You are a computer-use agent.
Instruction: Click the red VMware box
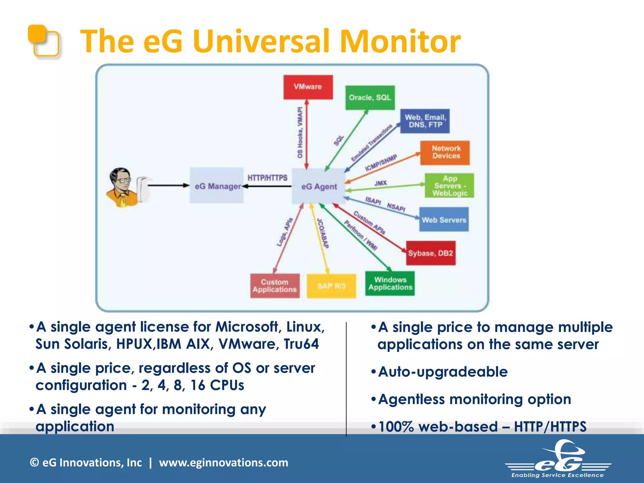pyautogui.click(x=308, y=87)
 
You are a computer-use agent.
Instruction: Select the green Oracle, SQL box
pyautogui.click(x=370, y=98)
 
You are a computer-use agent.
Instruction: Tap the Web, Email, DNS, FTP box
pyautogui.click(x=425, y=121)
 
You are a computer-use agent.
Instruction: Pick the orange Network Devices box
pyautogui.click(x=445, y=153)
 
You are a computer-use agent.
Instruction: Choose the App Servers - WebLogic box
pyautogui.click(x=449, y=186)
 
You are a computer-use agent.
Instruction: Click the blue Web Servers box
pyautogui.click(x=444, y=219)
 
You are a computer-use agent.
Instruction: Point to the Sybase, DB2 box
pyautogui.click(x=430, y=253)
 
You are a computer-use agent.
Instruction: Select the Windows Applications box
pyautogui.click(x=390, y=284)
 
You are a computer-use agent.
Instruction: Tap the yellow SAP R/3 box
pyautogui.click(x=331, y=286)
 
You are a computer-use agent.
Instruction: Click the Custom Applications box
pyautogui.click(x=275, y=286)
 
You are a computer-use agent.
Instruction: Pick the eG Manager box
pyautogui.click(x=217, y=186)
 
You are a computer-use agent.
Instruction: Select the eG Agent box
pyautogui.click(x=319, y=186)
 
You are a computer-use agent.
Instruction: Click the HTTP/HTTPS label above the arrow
pyautogui.click(x=267, y=178)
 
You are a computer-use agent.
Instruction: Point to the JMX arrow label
pyautogui.click(x=380, y=183)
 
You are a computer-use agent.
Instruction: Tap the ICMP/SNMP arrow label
pyautogui.click(x=381, y=163)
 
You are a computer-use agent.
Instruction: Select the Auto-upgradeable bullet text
pyautogui.click(x=443, y=372)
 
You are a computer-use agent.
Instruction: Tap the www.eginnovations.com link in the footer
pyautogui.click(x=224, y=463)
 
